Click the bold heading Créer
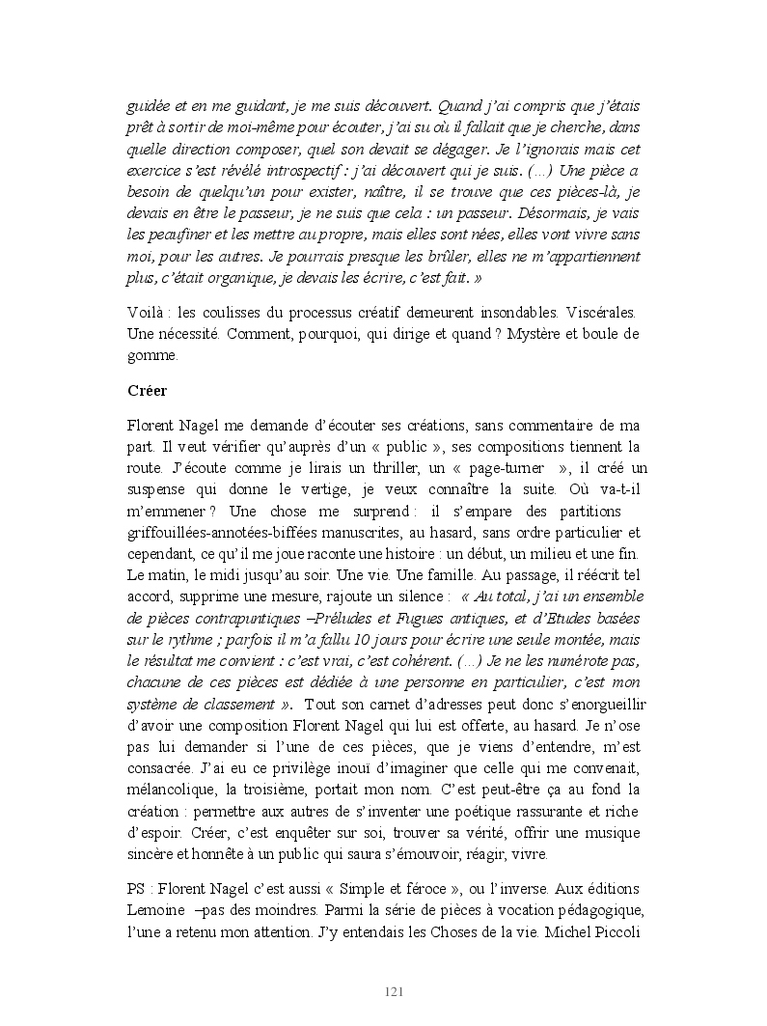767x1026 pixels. coord(148,392)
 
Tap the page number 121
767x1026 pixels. coord(394,992)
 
